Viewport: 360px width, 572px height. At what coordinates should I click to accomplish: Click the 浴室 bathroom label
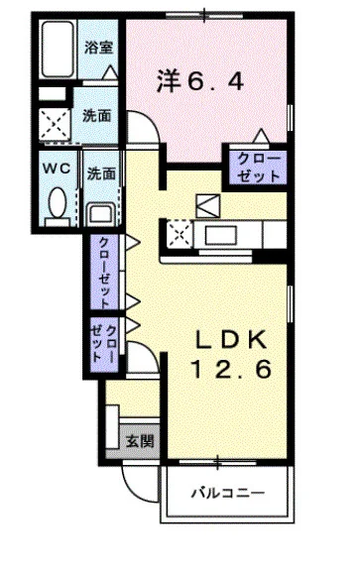click(x=98, y=48)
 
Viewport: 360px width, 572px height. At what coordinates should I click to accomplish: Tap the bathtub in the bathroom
click(x=59, y=50)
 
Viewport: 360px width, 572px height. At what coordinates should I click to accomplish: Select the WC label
click(x=57, y=169)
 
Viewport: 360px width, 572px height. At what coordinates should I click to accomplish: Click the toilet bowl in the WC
click(x=58, y=202)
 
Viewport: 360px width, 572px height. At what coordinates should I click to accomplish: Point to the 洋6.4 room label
click(x=200, y=80)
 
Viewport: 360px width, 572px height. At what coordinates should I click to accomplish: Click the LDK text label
click(x=231, y=340)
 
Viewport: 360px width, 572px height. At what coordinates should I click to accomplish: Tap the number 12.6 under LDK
click(x=231, y=369)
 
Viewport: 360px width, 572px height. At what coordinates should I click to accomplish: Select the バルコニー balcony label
click(x=228, y=494)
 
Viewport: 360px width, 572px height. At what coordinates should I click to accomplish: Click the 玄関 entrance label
click(x=140, y=441)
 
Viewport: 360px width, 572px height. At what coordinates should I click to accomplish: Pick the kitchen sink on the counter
click(x=220, y=235)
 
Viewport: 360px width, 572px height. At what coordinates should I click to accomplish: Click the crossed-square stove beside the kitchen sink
click(x=180, y=234)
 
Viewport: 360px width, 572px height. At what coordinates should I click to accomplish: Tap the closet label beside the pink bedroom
click(x=259, y=169)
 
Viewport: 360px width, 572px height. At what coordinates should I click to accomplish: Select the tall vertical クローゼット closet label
click(x=104, y=273)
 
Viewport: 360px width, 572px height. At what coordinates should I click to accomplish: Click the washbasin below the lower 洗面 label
click(x=100, y=215)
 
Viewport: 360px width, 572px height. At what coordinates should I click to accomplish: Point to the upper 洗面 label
click(x=97, y=116)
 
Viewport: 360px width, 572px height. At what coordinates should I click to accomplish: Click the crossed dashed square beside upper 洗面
click(x=55, y=124)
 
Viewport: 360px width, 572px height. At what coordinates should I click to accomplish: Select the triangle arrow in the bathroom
click(x=109, y=72)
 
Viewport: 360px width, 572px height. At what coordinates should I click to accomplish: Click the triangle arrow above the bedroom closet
click(x=262, y=136)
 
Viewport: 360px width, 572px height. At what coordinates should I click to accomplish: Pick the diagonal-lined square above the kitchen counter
click(x=208, y=206)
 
